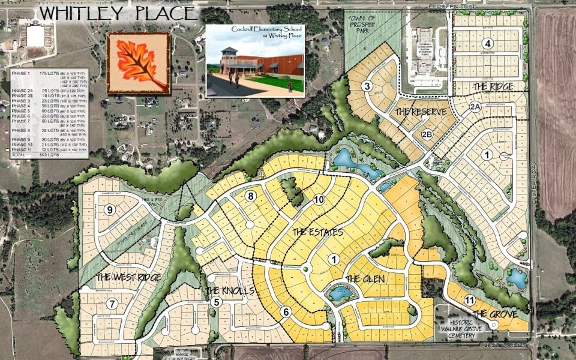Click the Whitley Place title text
pyautogui.click(x=116, y=13)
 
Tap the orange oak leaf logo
pyautogui.click(x=138, y=63)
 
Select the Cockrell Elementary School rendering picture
pyautogui.click(x=254, y=61)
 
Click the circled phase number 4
pyautogui.click(x=488, y=43)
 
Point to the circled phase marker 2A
pyautogui.click(x=476, y=107)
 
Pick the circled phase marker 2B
pyautogui.click(x=427, y=134)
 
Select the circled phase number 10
pyautogui.click(x=319, y=200)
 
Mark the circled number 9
pyautogui.click(x=109, y=209)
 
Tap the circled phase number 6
pyautogui.click(x=286, y=311)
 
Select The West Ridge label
pyautogui.click(x=128, y=277)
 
